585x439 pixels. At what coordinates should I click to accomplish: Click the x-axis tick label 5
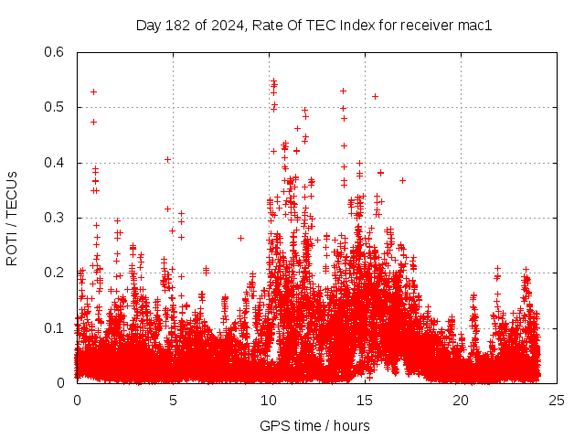point(173,401)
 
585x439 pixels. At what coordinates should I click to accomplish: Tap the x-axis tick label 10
point(269,401)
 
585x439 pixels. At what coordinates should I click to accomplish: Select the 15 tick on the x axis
point(365,401)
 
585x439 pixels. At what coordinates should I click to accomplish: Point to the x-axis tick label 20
point(461,401)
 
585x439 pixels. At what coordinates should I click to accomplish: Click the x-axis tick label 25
point(557,401)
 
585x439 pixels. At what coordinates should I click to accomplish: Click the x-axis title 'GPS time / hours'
point(314,425)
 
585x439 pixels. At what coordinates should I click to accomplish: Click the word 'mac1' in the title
point(475,26)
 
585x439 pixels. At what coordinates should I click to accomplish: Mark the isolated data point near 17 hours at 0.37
point(402,180)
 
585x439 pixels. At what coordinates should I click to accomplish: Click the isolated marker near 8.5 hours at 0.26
point(240,238)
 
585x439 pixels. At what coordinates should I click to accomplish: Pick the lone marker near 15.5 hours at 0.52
point(375,96)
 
